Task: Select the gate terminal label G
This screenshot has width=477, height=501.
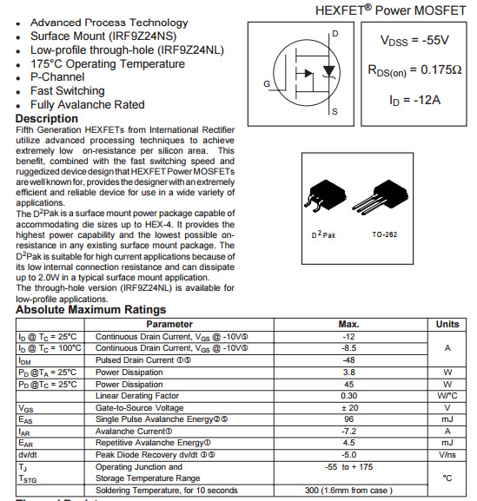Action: point(268,84)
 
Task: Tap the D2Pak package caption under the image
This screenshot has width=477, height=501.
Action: point(323,235)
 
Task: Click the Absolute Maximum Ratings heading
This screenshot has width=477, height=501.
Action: point(90,310)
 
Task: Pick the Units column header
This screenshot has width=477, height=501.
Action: point(447,324)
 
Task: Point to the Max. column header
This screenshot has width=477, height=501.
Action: point(349,324)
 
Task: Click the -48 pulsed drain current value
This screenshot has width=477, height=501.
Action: point(349,359)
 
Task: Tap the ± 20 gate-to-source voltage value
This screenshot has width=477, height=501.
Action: point(349,407)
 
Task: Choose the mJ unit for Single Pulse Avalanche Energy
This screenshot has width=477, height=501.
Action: point(447,419)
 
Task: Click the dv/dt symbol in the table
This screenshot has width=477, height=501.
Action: point(27,454)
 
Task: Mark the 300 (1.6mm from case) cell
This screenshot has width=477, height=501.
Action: point(349,491)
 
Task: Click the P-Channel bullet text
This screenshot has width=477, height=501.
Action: point(57,77)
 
